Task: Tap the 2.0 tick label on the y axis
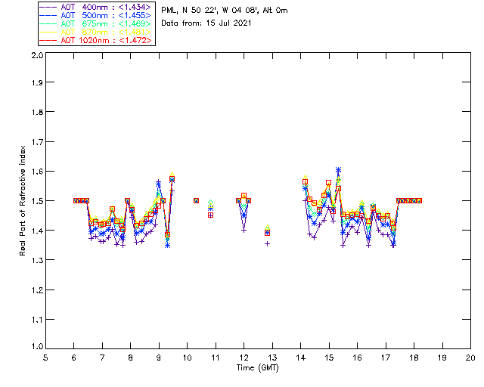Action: pyautogui.click(x=36, y=56)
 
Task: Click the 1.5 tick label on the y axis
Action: pyautogui.click(x=36, y=201)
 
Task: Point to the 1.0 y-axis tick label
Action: pyautogui.click(x=36, y=347)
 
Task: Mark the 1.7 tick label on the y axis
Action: pyautogui.click(x=36, y=143)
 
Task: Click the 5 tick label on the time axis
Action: pyautogui.click(x=45, y=358)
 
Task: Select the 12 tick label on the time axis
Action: pyautogui.click(x=244, y=358)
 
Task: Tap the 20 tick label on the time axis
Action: pyautogui.click(x=470, y=358)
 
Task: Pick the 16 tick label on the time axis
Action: pyautogui.click(x=357, y=358)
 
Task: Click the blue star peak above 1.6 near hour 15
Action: pyautogui.click(x=338, y=170)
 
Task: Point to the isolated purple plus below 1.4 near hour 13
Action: pyautogui.click(x=267, y=243)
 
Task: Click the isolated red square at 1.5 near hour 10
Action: pyautogui.click(x=197, y=200)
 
